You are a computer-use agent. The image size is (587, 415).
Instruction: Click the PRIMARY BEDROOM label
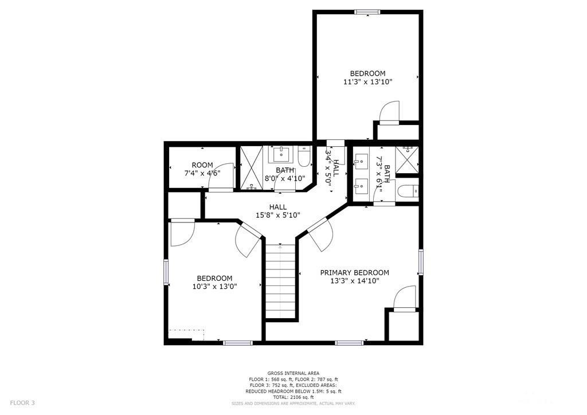354,272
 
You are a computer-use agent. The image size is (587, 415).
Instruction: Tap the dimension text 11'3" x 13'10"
367,82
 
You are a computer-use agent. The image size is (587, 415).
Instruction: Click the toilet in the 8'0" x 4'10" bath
304,156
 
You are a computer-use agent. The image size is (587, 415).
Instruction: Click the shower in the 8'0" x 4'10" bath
251,168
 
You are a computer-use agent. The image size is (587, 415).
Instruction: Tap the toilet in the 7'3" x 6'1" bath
408,191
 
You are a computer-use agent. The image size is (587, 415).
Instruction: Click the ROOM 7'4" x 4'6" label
202,169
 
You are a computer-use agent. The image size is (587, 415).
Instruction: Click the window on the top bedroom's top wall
367,11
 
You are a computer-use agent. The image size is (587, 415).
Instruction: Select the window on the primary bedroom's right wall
420,261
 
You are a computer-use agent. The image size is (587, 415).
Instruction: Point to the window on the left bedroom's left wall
166,272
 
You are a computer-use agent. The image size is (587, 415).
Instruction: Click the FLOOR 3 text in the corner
22,403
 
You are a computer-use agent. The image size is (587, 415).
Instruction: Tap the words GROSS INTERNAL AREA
293,373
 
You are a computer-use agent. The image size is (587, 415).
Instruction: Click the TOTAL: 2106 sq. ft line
293,397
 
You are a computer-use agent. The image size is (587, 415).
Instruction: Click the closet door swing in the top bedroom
389,112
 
